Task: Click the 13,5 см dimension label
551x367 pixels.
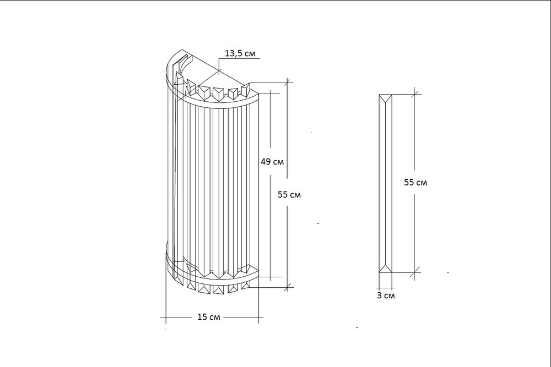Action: [240, 53]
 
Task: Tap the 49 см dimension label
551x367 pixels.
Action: [272, 162]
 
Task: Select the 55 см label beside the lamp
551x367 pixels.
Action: [289, 195]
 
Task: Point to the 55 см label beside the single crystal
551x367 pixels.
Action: [415, 183]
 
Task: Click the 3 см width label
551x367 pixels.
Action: [386, 295]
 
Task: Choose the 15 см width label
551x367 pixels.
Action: [209, 317]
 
